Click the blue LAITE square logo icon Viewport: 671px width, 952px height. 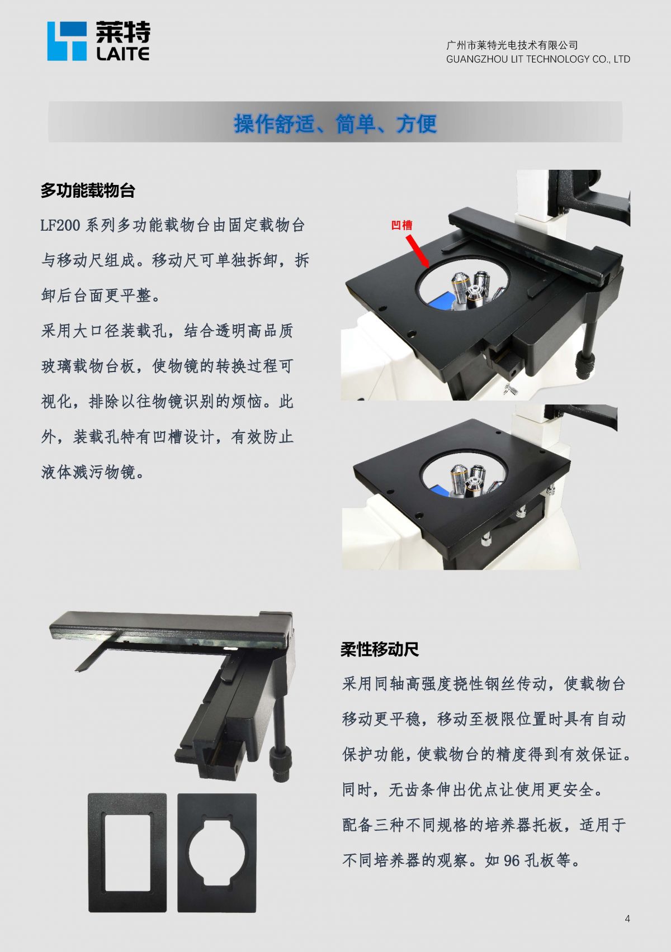pyautogui.click(x=67, y=41)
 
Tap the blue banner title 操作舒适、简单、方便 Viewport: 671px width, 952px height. pyautogui.click(x=335, y=123)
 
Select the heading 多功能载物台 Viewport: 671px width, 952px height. pyautogui.click(x=88, y=191)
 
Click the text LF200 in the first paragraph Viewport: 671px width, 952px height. pyautogui.click(x=60, y=225)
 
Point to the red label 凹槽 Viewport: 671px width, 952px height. pyautogui.click(x=401, y=225)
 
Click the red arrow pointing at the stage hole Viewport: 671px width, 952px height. pyautogui.click(x=417, y=251)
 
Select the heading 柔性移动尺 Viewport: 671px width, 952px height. pyautogui.click(x=380, y=649)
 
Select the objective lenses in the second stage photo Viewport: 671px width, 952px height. pyautogui.click(x=470, y=481)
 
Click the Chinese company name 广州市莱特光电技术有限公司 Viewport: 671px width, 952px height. pyautogui.click(x=512, y=45)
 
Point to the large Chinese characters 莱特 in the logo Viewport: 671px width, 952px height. pyautogui.click(x=123, y=32)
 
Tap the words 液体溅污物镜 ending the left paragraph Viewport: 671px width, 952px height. pyautogui.click(x=88, y=472)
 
